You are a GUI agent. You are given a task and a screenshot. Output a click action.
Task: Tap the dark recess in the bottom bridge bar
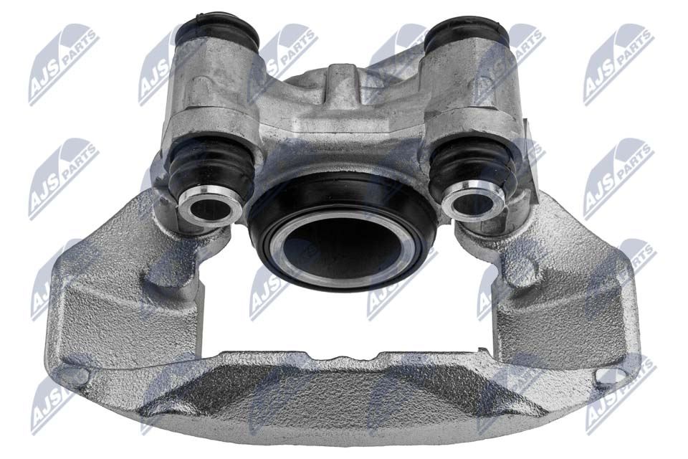(337, 391)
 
